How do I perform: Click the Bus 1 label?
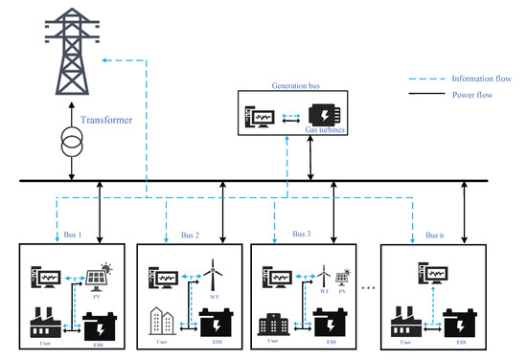coord(58,233)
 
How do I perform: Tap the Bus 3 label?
coord(301,233)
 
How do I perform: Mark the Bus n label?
coord(434,234)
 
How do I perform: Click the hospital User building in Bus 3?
coord(273,322)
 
